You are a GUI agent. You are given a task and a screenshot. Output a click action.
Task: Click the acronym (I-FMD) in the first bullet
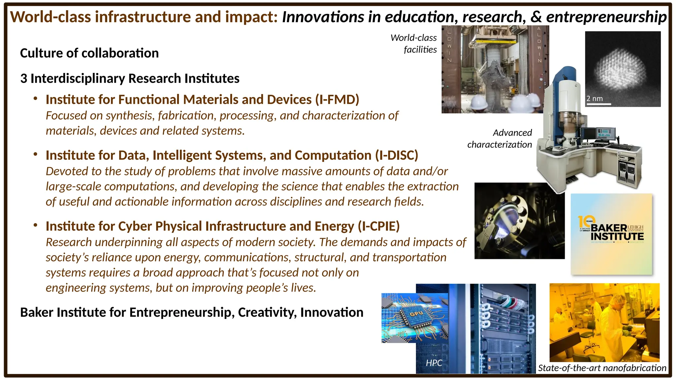coord(337,100)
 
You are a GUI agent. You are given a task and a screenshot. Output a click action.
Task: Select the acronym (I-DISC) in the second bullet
coord(396,155)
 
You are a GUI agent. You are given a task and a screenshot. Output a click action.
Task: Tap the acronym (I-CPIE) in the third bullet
coord(379,226)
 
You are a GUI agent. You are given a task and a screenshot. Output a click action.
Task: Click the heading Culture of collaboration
coord(89,53)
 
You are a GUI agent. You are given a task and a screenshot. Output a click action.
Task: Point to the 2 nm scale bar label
coord(594,99)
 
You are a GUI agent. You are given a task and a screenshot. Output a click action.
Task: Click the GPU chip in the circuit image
coord(417,314)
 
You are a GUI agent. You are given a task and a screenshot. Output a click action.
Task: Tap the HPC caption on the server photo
coord(434,363)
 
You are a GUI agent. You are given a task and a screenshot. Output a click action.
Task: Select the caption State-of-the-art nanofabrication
coord(602,368)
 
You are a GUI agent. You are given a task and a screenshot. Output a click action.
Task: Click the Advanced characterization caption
coord(499,139)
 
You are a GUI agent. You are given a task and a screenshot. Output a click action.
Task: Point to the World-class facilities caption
coord(414,44)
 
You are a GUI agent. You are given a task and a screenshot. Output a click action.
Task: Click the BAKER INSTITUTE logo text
coord(617,232)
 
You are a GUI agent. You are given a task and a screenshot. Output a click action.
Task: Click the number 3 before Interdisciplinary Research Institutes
coord(23,79)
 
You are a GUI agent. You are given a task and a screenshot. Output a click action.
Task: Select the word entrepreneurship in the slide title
coord(606,17)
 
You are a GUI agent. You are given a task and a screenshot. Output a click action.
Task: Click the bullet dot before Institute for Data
coord(35,154)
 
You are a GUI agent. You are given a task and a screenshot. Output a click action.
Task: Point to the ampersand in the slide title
coord(536,17)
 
